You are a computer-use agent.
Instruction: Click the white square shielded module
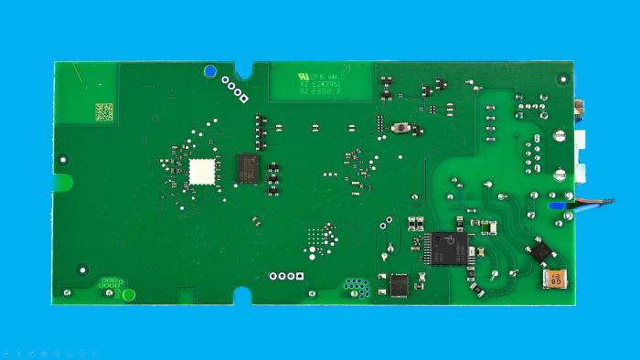click(x=202, y=170)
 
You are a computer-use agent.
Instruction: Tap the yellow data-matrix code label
click(x=105, y=111)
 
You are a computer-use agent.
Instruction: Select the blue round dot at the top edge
click(x=211, y=70)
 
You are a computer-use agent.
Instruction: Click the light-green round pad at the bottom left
click(x=129, y=294)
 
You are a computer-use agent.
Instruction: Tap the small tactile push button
click(x=400, y=129)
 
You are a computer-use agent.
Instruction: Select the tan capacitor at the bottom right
click(x=555, y=279)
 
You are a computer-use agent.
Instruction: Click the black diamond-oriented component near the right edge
click(x=541, y=249)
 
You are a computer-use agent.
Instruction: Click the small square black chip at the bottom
click(x=400, y=285)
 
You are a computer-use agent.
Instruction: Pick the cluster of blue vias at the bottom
click(x=357, y=288)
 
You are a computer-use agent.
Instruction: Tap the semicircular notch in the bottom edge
click(x=242, y=296)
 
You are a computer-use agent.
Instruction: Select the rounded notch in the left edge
click(x=63, y=182)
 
